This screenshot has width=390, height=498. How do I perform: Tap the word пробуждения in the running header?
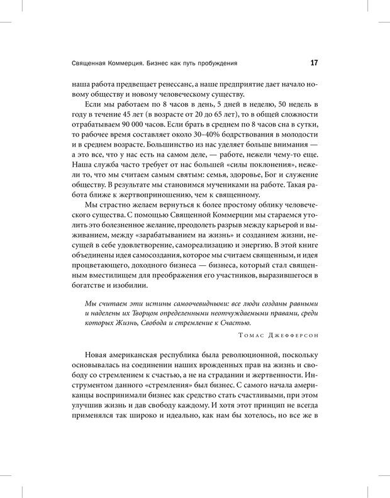point(216,63)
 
